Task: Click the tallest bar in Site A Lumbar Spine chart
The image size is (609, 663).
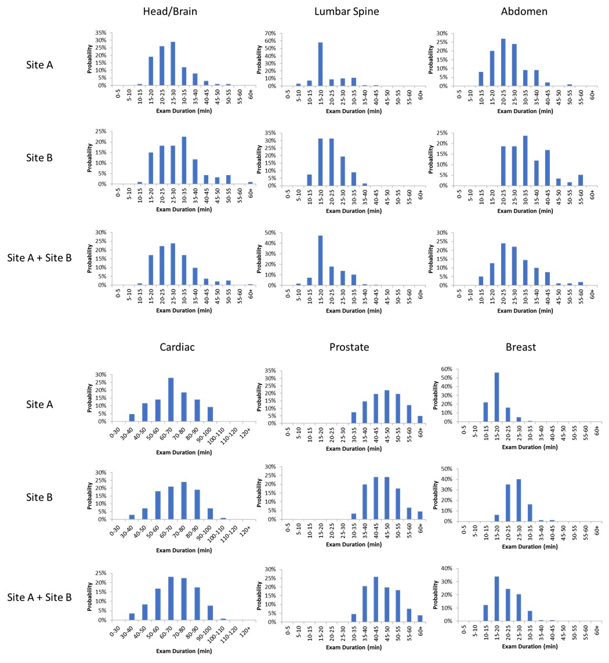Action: click(320, 64)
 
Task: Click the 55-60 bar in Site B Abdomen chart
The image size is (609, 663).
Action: click(581, 180)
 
